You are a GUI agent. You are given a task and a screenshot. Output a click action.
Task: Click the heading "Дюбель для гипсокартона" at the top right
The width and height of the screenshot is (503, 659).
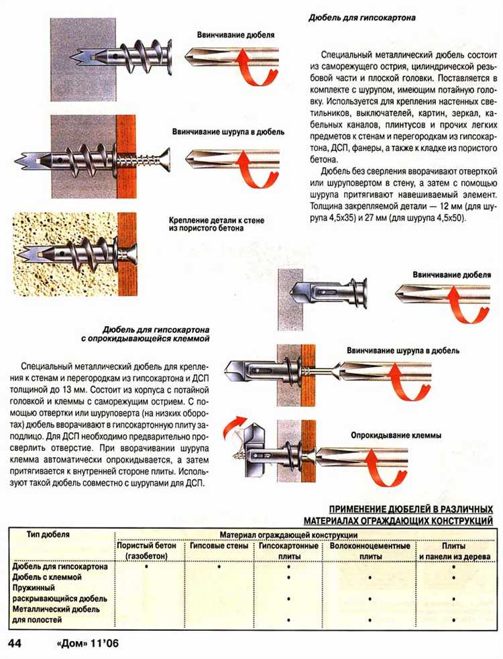pos(361,18)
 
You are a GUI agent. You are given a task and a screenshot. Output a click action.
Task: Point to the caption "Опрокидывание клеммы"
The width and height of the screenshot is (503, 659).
pos(396,436)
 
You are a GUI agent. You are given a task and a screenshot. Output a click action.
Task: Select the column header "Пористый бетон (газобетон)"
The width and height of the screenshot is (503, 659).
pos(148,552)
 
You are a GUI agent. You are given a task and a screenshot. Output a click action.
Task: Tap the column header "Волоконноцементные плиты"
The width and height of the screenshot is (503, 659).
pos(370,552)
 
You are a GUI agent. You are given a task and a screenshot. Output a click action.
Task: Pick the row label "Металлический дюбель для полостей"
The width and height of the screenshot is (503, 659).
pos(56,614)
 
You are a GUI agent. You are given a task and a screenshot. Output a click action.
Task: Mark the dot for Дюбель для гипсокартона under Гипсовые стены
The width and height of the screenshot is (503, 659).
pos(219,567)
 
